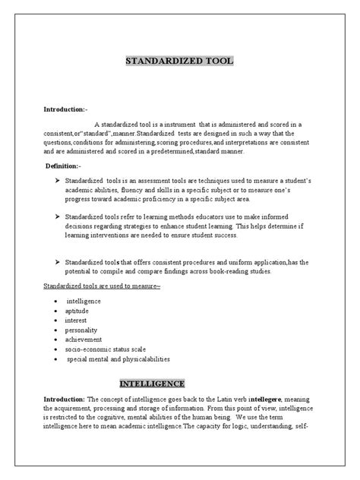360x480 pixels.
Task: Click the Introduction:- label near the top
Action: point(71,110)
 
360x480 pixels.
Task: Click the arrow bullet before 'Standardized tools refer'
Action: point(58,216)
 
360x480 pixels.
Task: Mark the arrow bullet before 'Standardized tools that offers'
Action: point(58,261)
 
